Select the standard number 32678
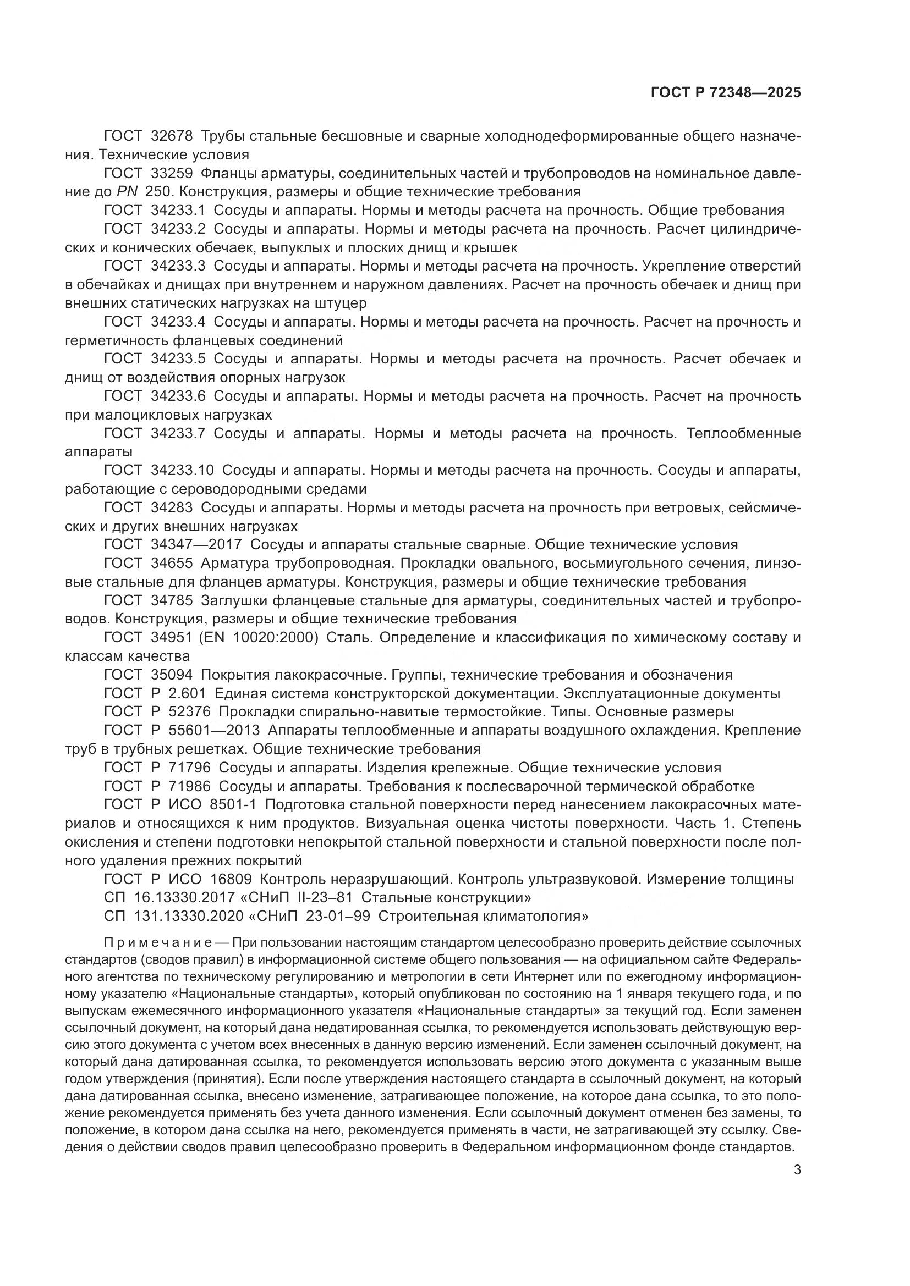click(x=172, y=136)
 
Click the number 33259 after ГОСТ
click(x=172, y=173)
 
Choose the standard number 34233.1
click(x=179, y=211)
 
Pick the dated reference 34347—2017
click(x=196, y=544)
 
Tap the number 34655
click(x=172, y=563)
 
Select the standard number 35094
click(x=172, y=675)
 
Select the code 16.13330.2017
click(x=183, y=898)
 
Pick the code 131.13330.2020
click(x=188, y=917)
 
